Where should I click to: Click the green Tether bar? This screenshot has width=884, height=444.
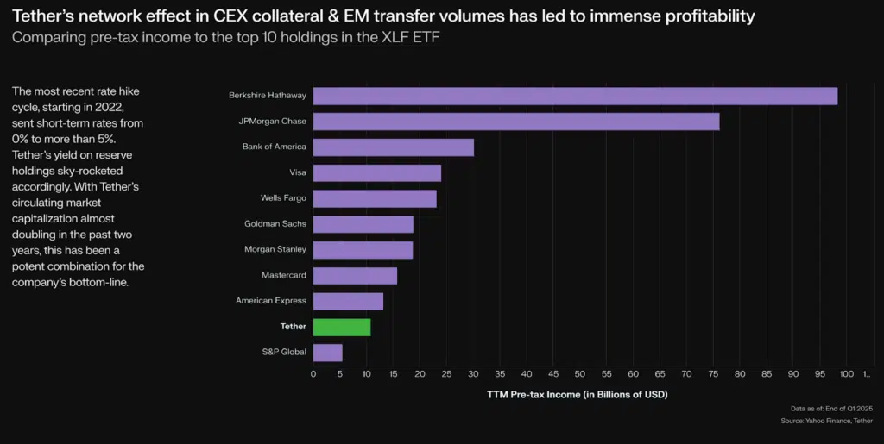[342, 327]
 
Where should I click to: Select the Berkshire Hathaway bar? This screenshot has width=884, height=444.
[575, 96]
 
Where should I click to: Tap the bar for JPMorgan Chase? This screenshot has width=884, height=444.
[515, 122]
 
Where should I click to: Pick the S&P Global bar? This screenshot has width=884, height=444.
[327, 353]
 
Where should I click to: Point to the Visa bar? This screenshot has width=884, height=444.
[376, 172]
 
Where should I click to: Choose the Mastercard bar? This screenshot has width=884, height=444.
[355, 276]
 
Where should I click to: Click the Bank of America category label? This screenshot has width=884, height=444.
[274, 147]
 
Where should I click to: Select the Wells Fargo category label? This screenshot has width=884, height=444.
[283, 198]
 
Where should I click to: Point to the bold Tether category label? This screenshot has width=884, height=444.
[293, 327]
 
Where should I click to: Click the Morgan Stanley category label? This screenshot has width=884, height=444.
[275, 250]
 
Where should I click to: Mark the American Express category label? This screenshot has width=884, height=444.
[271, 301]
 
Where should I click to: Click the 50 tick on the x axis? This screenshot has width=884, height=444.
[579, 373]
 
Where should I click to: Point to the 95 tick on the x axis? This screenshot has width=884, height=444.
[819, 373]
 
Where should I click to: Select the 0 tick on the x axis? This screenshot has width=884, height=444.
[313, 373]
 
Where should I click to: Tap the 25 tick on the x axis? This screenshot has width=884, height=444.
[446, 373]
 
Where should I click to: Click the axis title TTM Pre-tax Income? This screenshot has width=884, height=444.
[578, 394]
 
